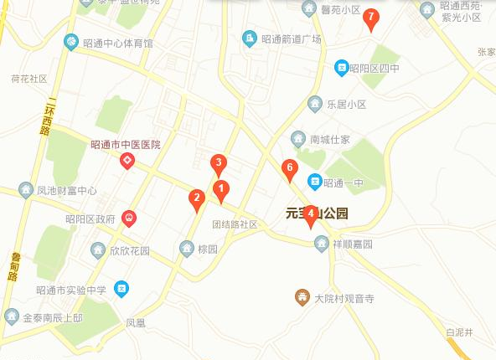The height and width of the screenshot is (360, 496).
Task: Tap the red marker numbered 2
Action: pos(197,199)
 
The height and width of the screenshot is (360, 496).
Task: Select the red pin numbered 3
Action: pos(218,164)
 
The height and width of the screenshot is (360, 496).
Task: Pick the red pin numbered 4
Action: pos(311,214)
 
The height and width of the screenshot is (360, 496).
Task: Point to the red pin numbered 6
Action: pos(289,169)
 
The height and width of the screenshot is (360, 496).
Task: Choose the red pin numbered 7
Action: pos(371,18)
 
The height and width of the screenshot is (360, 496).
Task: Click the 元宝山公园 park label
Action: pos(317,213)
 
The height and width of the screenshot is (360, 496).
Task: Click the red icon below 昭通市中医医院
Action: pos(128,161)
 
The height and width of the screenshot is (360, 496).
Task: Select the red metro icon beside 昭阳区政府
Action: pos(129,219)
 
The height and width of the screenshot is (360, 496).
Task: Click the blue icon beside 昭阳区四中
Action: pos(342,68)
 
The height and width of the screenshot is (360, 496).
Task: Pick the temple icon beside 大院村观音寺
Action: pos(302,297)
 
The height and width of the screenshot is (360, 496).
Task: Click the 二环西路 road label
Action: pos(49,116)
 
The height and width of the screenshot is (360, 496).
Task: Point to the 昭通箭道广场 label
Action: pos(291,39)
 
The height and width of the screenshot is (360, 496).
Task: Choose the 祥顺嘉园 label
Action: pos(351,244)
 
